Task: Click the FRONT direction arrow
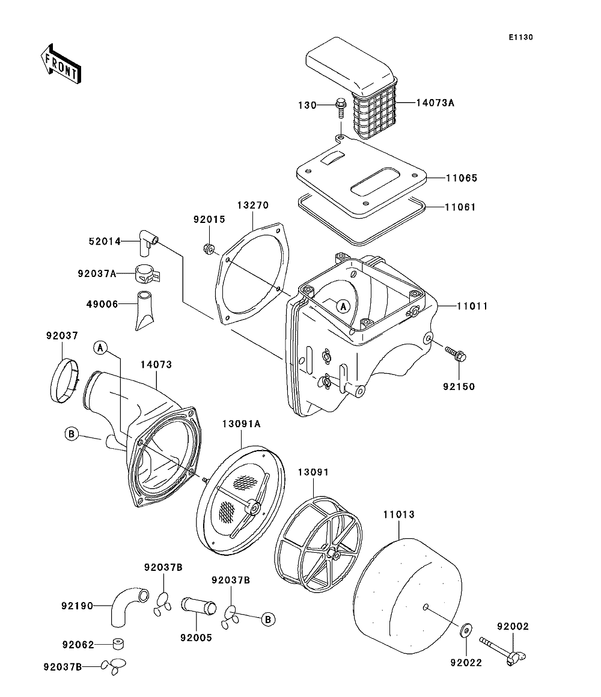coord(61,63)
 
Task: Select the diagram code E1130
coord(520,37)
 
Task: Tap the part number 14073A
coord(435,103)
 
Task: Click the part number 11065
coord(461,178)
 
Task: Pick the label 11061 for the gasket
coord(460,207)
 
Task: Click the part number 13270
coord(252,204)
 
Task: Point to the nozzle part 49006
coord(145,311)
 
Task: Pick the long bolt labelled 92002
coord(498,650)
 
